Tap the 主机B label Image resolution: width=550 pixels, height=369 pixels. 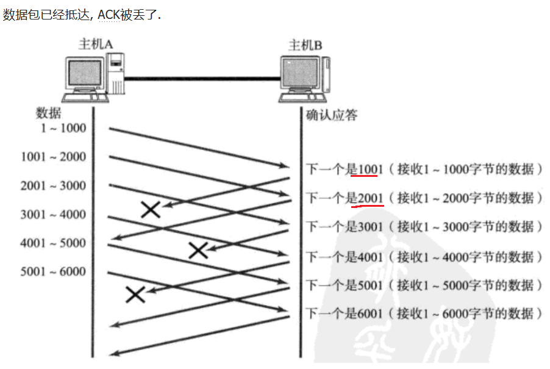pos(305,45)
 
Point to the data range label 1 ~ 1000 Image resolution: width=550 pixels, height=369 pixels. pos(63,128)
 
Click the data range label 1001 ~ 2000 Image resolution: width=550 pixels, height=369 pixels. pos(53,157)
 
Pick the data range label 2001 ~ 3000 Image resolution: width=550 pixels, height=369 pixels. pos(53,185)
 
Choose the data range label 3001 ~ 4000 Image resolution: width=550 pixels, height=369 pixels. pos(53,214)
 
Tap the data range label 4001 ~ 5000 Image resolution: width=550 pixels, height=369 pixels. pos(53,243)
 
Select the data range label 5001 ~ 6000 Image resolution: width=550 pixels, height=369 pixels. pos(53,271)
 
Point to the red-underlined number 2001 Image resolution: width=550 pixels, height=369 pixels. pos(370,198)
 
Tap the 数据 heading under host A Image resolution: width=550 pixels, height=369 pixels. pos(49,113)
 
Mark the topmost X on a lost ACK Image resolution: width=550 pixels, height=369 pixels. pos(151,210)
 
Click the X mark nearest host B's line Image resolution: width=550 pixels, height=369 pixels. pos(198,250)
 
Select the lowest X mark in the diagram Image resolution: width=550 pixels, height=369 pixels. pos(135,295)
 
